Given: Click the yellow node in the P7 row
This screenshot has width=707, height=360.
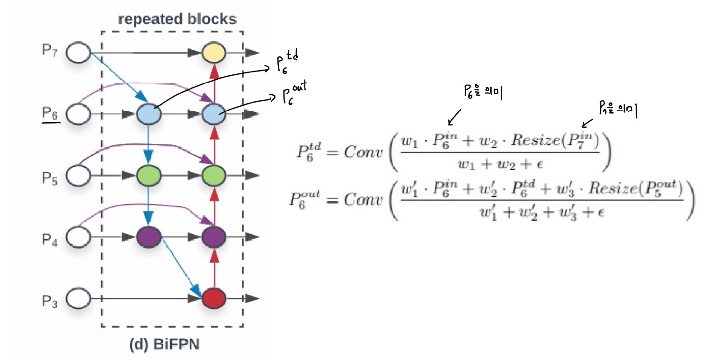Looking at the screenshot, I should coord(214,53).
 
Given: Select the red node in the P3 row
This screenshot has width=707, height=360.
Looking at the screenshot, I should coord(214,298).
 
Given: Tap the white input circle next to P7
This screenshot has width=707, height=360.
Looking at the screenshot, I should coord(79,53).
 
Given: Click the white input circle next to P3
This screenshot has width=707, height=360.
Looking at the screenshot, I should coord(79,298).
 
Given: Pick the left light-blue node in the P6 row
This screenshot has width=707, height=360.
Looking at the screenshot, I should coord(149,114).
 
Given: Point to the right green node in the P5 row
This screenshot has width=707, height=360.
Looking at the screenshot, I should coord(214,175).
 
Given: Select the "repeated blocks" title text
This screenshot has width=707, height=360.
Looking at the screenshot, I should coord(177,20).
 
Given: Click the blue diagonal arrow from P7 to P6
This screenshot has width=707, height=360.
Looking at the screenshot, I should coord(114,75).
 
